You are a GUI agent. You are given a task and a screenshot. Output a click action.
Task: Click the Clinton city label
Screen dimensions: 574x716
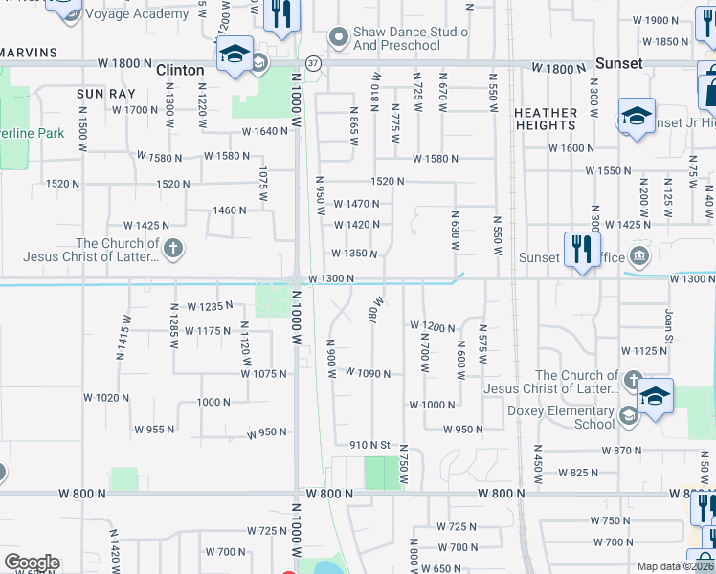[179, 70]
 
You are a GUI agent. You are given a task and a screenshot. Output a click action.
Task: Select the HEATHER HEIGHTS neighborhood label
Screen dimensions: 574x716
[546, 119]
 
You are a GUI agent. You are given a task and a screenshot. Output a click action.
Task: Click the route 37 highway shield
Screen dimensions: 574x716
[313, 63]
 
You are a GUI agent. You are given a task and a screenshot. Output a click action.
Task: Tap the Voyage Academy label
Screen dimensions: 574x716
[137, 14]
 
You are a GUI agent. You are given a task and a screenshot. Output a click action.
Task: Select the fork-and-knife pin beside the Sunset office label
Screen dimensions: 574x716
[581, 251]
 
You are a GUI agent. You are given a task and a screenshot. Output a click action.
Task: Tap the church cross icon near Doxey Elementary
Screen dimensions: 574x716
[631, 381]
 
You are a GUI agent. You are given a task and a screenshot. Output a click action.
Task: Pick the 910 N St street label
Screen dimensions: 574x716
[372, 445]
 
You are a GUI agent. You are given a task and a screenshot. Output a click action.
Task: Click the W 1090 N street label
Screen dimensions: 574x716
[367, 372]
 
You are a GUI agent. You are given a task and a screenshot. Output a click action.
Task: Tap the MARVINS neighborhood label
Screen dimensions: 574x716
[29, 52]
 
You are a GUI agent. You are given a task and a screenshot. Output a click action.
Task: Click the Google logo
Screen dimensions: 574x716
[32, 563]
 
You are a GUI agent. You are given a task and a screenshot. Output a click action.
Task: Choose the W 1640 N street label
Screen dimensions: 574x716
[264, 132]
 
